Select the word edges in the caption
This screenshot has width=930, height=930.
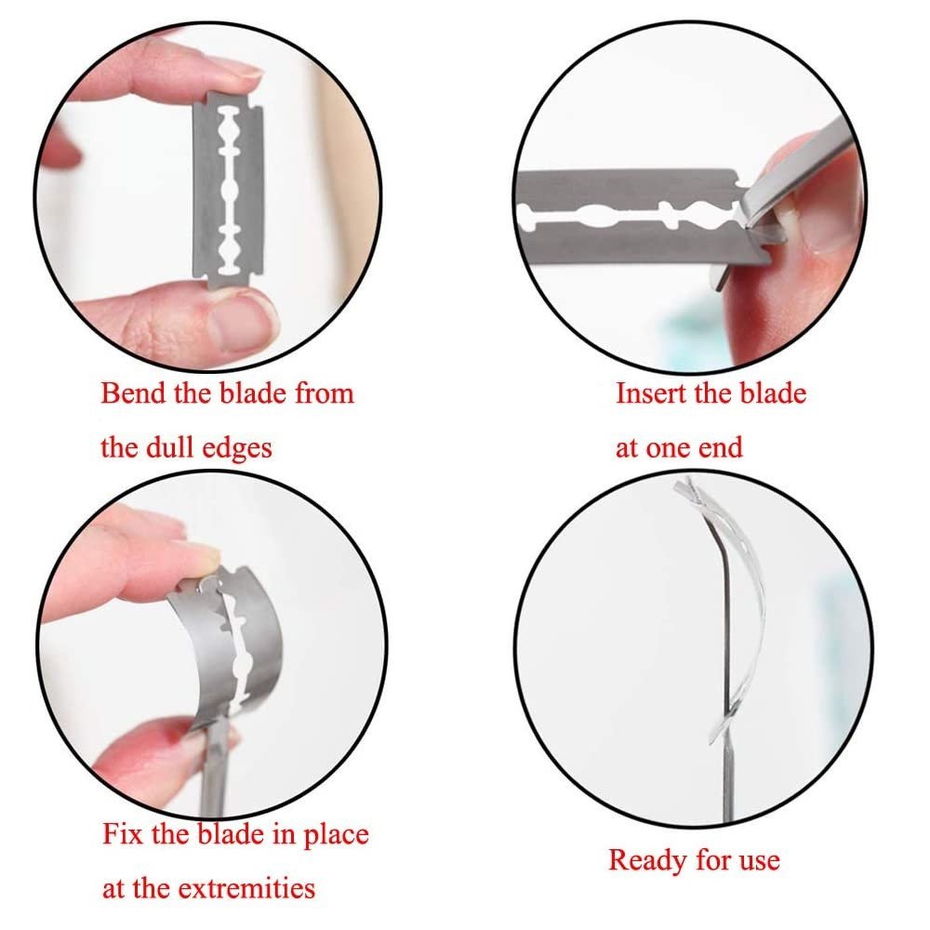pos(236,449)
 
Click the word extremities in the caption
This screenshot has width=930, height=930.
pos(246,888)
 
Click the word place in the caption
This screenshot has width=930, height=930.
pos(337,835)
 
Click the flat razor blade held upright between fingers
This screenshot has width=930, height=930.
pos(228,190)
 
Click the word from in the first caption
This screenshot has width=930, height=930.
pos(325,392)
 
